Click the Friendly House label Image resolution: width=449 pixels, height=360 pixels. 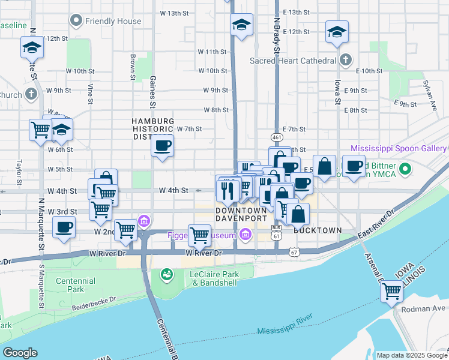(x=113, y=21)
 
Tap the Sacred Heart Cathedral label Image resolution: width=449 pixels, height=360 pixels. (x=292, y=61)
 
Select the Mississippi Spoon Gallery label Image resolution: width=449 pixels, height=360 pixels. (x=399, y=148)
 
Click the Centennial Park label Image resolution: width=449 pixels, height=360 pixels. (x=75, y=285)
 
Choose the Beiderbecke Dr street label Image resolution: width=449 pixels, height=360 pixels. (x=94, y=305)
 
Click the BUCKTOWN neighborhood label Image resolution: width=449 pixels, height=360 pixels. (x=318, y=230)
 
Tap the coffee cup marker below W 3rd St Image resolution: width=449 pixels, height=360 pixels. (x=64, y=227)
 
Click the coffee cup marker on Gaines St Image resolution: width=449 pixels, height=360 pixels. (x=162, y=146)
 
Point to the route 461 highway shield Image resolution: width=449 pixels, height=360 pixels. (x=276, y=138)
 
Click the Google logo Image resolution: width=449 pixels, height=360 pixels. (x=20, y=353)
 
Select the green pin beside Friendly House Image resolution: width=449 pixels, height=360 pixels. (x=76, y=21)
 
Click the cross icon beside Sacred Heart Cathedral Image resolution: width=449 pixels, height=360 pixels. (x=345, y=60)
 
